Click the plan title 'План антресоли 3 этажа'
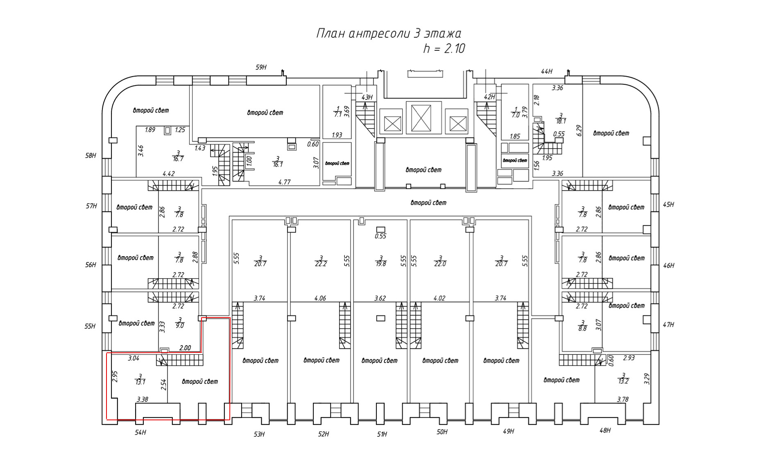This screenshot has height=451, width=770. click(389, 34)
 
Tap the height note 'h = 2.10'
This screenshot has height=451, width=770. click(444, 49)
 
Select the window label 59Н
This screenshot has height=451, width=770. click(261, 68)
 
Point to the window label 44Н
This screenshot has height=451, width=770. click(546, 72)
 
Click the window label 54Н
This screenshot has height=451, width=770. click(140, 433)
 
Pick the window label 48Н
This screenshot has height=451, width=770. click(605, 431)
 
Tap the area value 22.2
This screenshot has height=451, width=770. click(321, 264)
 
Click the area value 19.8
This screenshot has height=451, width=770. click(381, 264)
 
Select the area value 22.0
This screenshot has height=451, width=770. click(440, 264)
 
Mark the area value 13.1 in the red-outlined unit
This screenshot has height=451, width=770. click(140, 382)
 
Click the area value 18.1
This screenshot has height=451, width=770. click(561, 121)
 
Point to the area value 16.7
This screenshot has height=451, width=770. click(178, 159)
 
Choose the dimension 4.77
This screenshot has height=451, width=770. click(284, 182)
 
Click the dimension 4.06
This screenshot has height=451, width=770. click(320, 298)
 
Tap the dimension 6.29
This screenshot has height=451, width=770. click(579, 130)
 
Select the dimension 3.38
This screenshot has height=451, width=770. click(143, 399)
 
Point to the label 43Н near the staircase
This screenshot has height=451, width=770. click(367, 97)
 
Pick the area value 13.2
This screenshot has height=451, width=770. click(623, 381)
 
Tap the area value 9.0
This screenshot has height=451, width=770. click(180, 326)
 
